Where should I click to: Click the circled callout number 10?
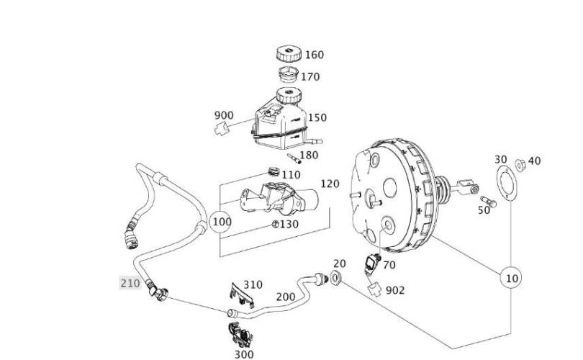pos(511,278)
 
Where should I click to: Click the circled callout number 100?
pos(221,222)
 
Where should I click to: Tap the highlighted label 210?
pos(130,284)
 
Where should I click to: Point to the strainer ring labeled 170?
pos(288,75)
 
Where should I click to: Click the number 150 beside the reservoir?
pos(317,117)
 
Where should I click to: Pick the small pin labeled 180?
pos(294,158)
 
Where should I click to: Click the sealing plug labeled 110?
pos(274,172)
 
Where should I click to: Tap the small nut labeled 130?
pos(275,224)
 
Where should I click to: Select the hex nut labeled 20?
pos(335,277)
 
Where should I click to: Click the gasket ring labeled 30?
pos(507,184)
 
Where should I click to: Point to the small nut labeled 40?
pos(520,165)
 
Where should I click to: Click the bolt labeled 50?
pos(488,201)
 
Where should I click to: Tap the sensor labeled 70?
pos(372,263)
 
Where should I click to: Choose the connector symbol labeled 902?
pos(375,289)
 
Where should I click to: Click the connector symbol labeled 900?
pos(221,129)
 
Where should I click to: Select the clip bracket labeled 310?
pos(242,295)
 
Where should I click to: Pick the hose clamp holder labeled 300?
pos(240,335)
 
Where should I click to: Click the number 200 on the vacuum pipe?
pos(286,297)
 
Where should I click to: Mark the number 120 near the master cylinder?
pos(330,184)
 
